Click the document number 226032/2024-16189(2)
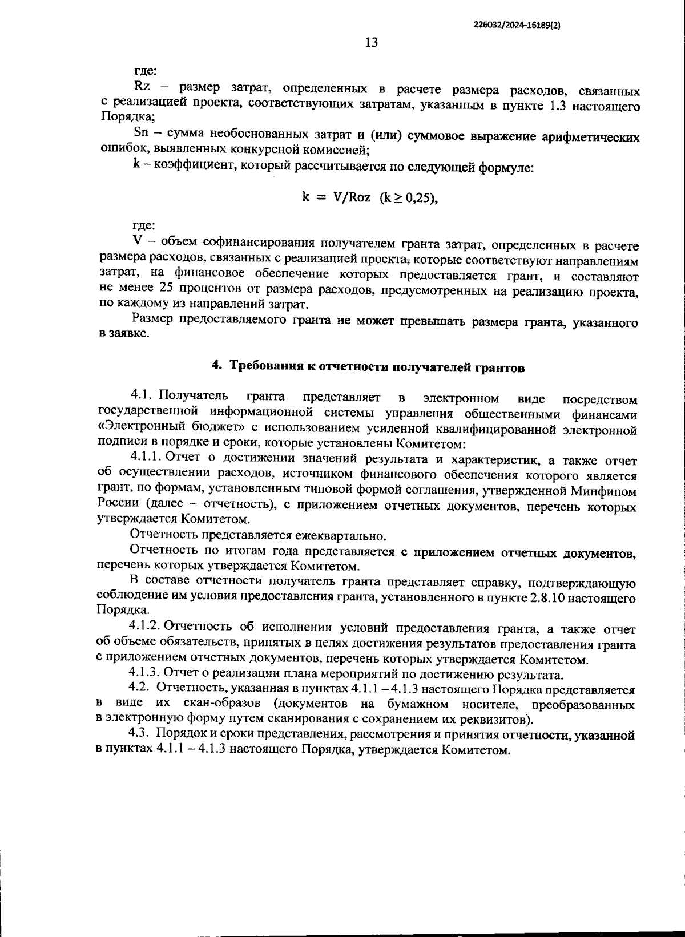click(517, 25)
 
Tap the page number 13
click(370, 43)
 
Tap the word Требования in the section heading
click(267, 367)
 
